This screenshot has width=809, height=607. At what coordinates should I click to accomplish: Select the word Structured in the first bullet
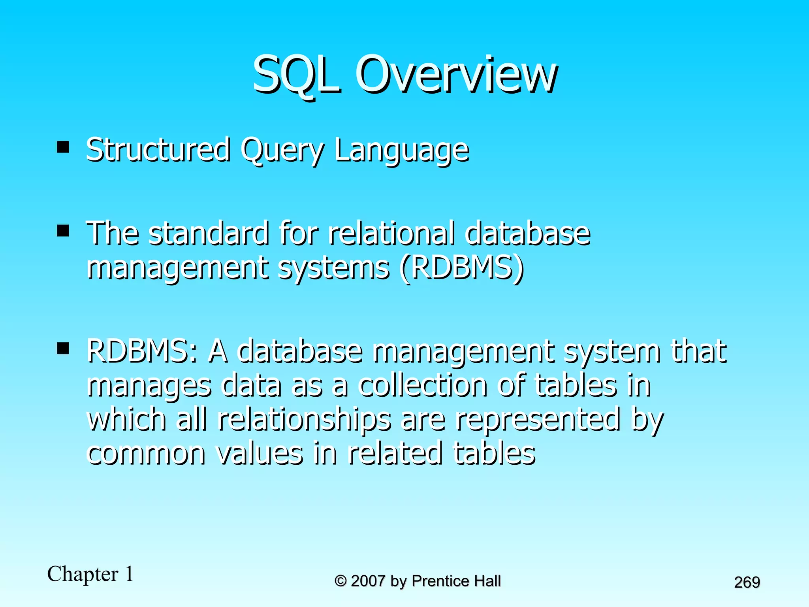[x=158, y=150]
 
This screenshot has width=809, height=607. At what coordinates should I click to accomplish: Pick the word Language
[x=401, y=151]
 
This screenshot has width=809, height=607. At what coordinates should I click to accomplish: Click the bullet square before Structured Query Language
[x=63, y=147]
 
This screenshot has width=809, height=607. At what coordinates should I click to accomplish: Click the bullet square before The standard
[x=63, y=230]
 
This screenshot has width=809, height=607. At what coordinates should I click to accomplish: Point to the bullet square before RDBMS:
[x=63, y=348]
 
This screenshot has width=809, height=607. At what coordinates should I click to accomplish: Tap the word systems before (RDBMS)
[x=333, y=270]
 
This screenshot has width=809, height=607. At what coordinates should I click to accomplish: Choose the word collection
[x=422, y=385]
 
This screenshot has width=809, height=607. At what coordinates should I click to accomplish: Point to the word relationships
[x=304, y=420]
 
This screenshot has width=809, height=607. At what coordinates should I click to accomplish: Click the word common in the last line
[x=146, y=454]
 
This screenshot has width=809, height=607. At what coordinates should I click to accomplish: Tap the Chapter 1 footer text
[x=90, y=574]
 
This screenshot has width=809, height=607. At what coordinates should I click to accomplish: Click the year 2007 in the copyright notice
[x=367, y=581]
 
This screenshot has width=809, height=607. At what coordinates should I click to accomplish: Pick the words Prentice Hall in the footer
[x=456, y=581]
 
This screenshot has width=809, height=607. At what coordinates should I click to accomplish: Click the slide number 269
[x=747, y=582]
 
